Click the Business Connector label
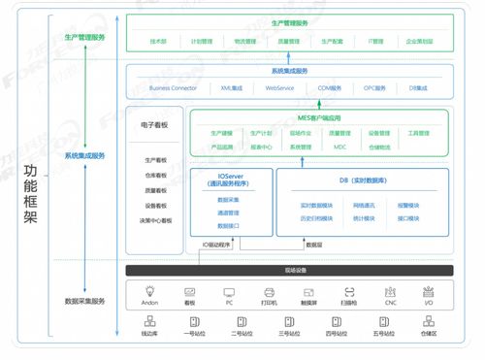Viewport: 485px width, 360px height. click(x=174, y=88)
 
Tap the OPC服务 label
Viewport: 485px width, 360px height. click(x=374, y=88)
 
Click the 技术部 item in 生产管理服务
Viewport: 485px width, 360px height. click(x=159, y=42)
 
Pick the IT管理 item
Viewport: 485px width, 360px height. click(x=376, y=42)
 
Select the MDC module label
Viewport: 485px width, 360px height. click(x=339, y=147)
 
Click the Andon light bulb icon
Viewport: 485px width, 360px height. click(x=149, y=291)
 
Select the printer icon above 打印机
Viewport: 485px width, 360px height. click(x=269, y=291)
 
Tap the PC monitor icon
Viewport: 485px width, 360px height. click(x=229, y=291)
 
